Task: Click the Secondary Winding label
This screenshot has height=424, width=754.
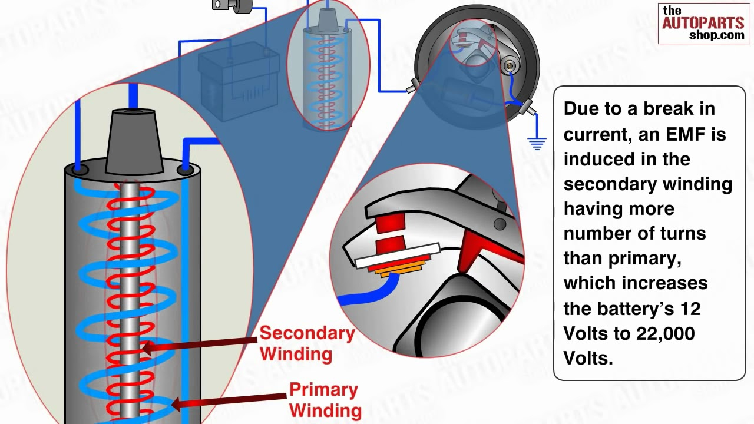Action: (306, 343)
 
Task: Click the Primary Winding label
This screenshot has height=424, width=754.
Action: (325, 399)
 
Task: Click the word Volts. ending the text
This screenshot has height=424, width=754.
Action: (588, 358)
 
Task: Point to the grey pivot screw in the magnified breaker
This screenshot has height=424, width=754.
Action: (500, 224)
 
